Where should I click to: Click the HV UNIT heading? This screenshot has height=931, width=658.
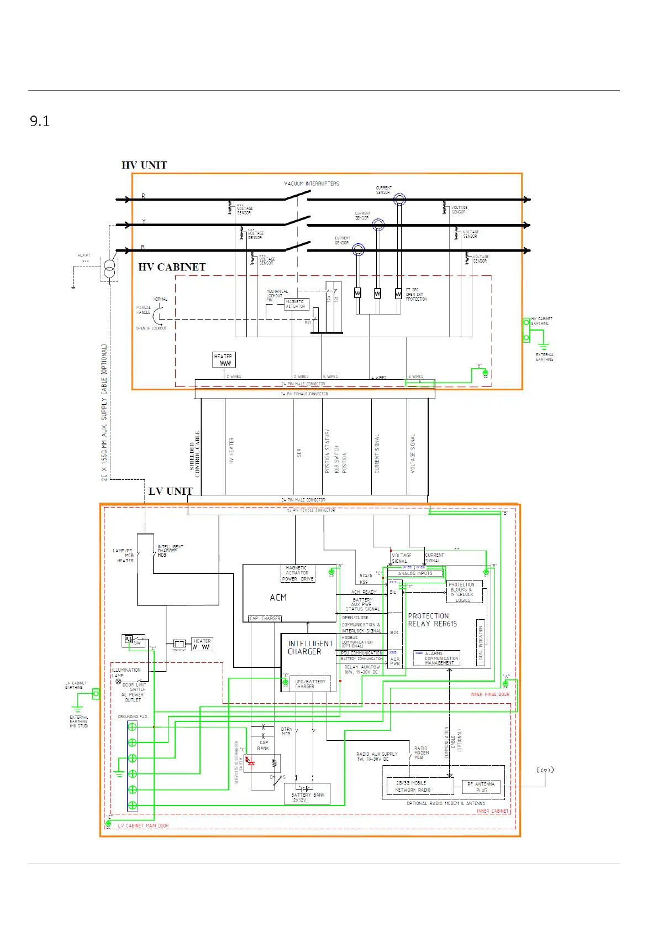pyautogui.click(x=144, y=165)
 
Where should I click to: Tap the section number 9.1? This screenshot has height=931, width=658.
pyautogui.click(x=40, y=122)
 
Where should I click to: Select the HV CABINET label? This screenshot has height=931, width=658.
pyautogui.click(x=172, y=267)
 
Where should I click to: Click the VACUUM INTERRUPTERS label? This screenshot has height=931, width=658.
pyautogui.click(x=312, y=184)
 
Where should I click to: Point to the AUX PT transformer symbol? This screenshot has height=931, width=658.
pyautogui.click(x=110, y=270)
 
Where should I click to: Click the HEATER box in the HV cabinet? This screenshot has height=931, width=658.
pyautogui.click(x=224, y=359)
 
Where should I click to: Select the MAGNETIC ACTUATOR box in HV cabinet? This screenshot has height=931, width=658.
pyautogui.click(x=297, y=304)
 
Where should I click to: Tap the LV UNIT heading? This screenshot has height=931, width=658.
pyautogui.click(x=170, y=491)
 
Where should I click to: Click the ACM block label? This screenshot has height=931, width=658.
pyautogui.click(x=278, y=598)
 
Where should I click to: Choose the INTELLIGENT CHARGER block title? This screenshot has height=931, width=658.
pyautogui.click(x=310, y=647)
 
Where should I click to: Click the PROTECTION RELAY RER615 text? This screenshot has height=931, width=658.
pyautogui.click(x=432, y=620)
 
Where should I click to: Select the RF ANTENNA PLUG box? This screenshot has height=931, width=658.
pyautogui.click(x=481, y=787)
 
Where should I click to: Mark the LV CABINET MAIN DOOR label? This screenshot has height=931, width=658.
pyautogui.click(x=143, y=825)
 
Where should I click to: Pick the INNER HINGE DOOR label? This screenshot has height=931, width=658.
pyautogui.click(x=489, y=694)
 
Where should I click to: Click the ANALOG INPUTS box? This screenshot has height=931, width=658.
pyautogui.click(x=415, y=573)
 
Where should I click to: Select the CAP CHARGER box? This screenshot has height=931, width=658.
pyautogui.click(x=265, y=618)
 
